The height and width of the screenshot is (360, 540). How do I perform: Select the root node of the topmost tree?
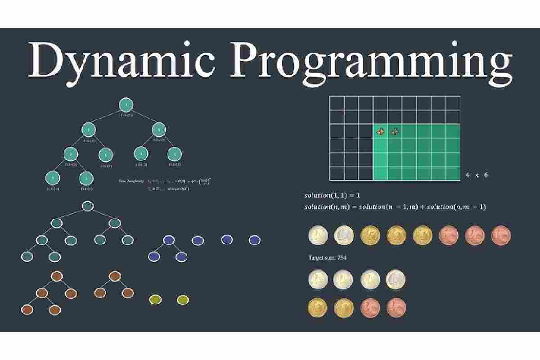click(126, 105)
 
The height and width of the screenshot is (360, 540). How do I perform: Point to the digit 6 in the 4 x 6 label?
click(486, 175)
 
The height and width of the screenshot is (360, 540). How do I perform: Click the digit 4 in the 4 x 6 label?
click(468, 175)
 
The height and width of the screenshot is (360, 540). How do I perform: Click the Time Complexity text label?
click(131, 181)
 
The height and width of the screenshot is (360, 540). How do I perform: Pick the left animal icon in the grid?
click(381, 131)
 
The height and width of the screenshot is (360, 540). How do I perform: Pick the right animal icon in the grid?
click(395, 131)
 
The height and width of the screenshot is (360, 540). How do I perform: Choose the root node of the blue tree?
click(168, 240)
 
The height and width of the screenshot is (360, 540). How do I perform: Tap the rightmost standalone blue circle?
click(254, 240)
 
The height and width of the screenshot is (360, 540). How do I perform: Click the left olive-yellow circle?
click(154, 299)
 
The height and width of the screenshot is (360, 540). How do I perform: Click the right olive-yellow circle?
click(182, 299)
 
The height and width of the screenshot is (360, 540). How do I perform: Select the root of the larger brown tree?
click(57, 276)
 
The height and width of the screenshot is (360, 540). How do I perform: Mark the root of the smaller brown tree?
click(114, 276)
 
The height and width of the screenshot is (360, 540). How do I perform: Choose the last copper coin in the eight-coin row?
click(500, 235)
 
